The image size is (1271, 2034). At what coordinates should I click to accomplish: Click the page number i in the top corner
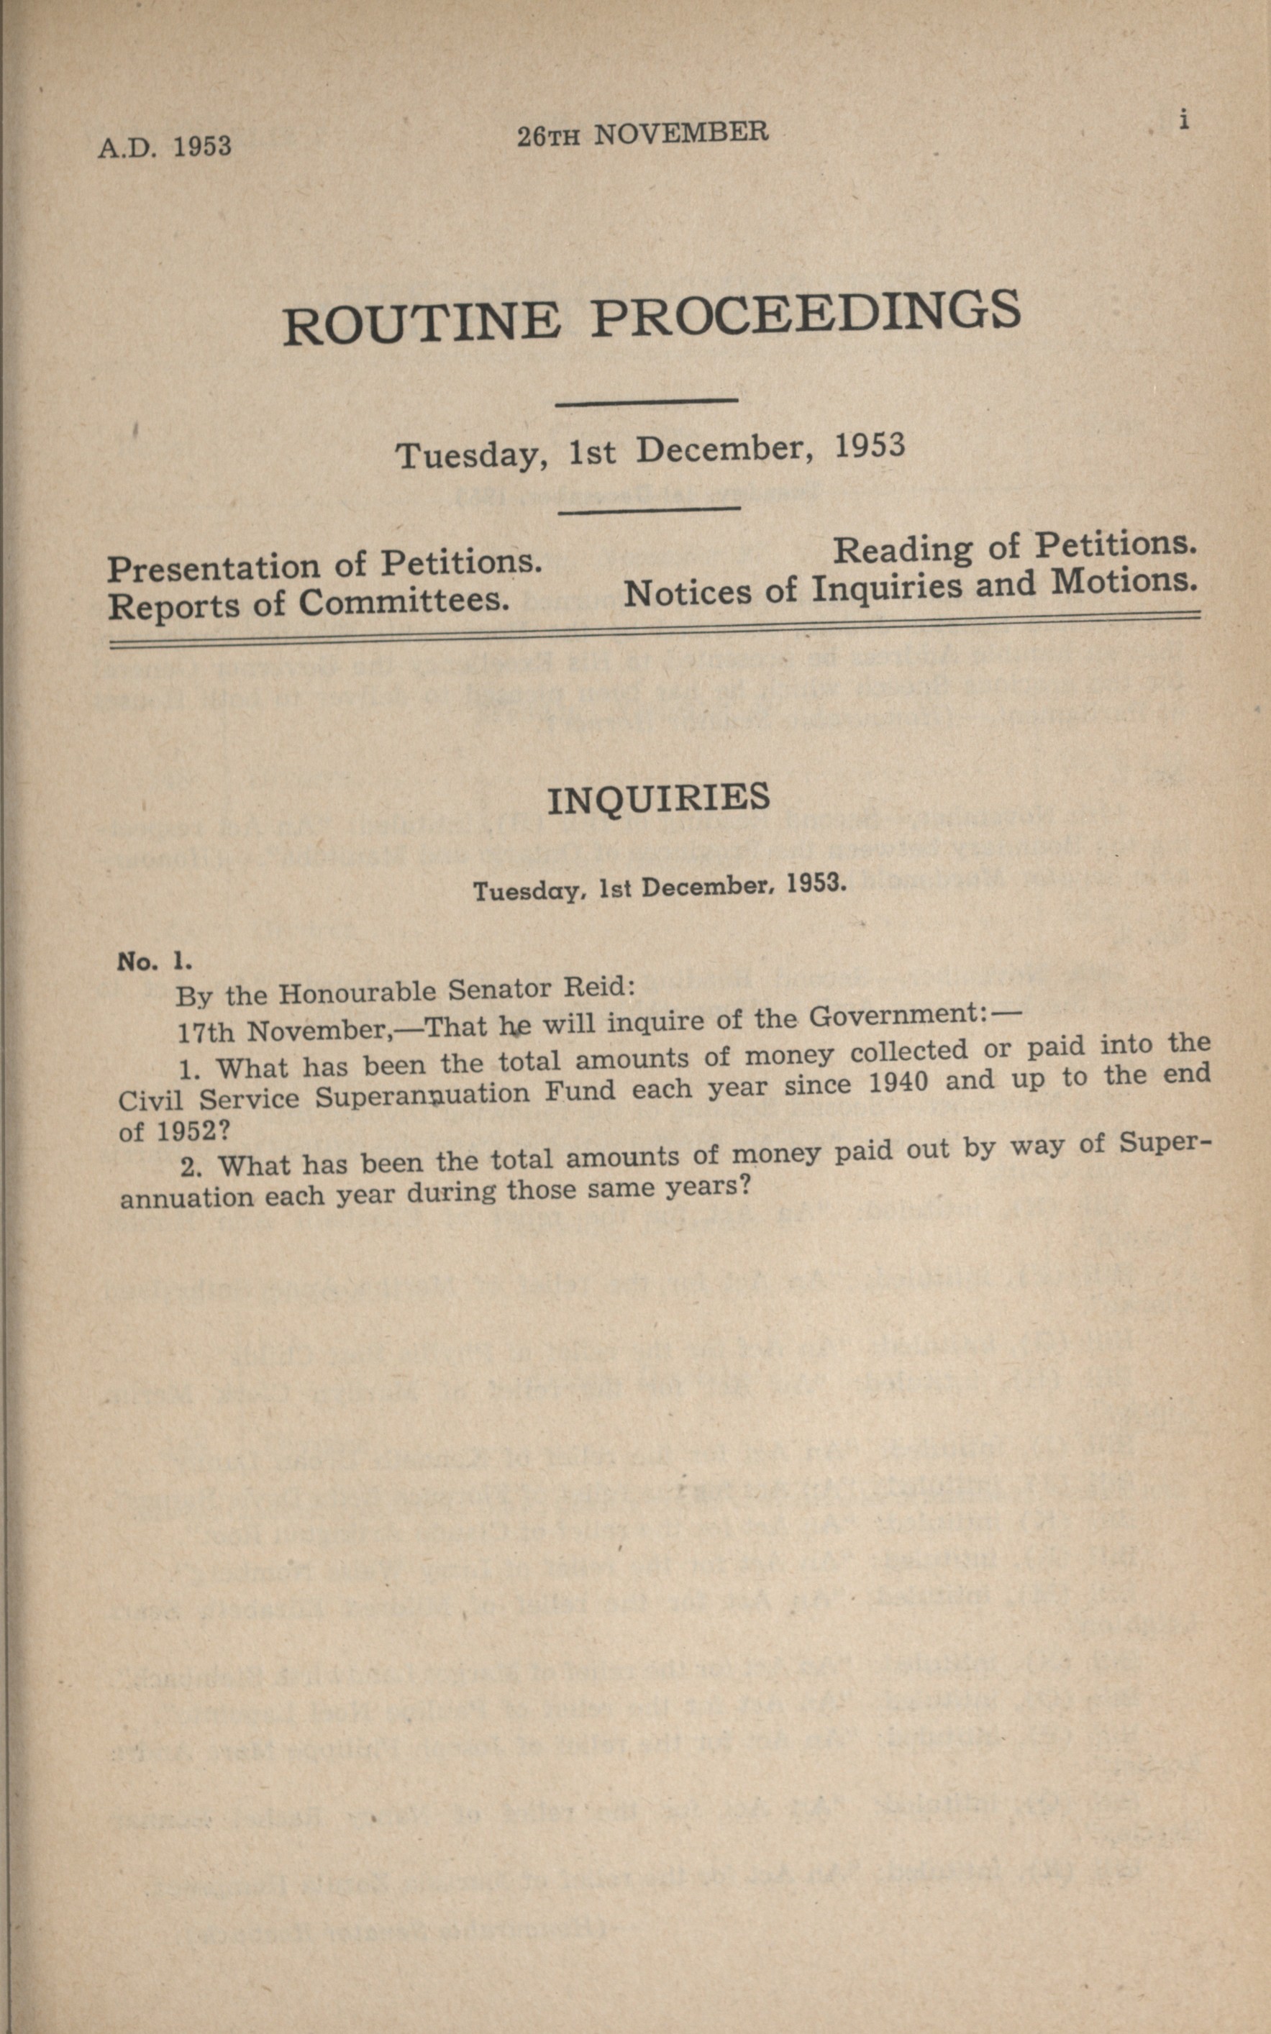click(1183, 120)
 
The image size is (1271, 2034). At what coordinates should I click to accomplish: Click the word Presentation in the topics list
click(213, 568)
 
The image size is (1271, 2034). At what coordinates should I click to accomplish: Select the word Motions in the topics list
click(1124, 580)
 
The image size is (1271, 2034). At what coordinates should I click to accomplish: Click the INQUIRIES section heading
click(658, 798)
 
